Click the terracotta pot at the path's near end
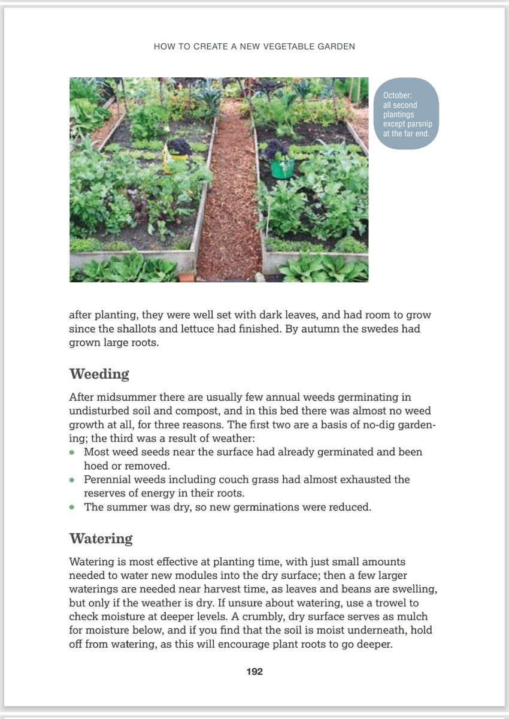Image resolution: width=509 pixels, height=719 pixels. click(x=187, y=277)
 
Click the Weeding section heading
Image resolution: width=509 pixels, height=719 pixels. click(x=99, y=374)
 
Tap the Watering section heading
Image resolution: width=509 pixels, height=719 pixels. click(x=101, y=538)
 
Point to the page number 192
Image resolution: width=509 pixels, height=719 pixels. click(x=255, y=672)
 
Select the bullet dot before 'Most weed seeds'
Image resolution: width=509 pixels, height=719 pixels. click(x=72, y=452)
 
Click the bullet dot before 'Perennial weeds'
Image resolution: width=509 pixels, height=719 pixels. click(x=72, y=480)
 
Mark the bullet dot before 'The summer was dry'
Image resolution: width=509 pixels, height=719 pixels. click(x=72, y=507)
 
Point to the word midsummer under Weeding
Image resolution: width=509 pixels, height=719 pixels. click(x=124, y=397)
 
